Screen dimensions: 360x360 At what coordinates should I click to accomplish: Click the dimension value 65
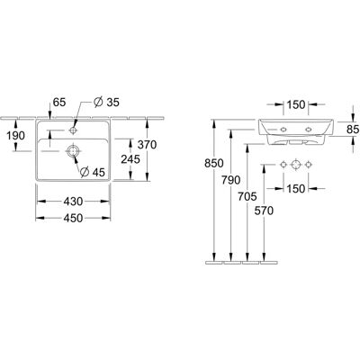[x=59, y=103]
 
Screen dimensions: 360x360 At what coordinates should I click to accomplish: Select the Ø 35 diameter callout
[x=106, y=103]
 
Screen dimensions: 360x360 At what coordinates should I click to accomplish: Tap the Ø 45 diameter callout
[x=93, y=172]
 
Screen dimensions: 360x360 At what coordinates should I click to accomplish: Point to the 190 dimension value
[x=15, y=136]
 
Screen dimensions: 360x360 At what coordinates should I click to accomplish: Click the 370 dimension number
[x=147, y=145]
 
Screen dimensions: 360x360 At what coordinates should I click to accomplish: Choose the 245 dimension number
[x=130, y=159]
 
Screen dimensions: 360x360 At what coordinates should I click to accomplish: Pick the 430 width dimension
[x=73, y=202]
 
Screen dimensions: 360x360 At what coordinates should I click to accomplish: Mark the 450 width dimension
[x=73, y=218]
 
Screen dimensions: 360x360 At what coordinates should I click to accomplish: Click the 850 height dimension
[x=214, y=164]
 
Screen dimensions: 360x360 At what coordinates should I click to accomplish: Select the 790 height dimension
[x=231, y=180]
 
